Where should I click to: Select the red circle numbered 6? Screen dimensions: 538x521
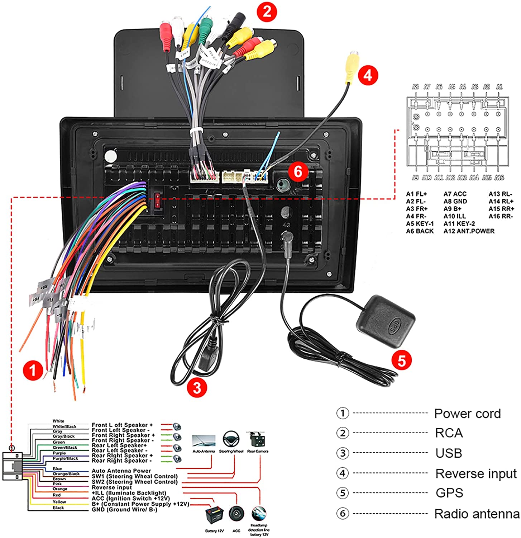click(298, 171)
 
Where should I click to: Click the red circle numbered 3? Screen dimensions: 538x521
click(197, 387)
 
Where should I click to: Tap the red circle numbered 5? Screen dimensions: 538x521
click(401, 360)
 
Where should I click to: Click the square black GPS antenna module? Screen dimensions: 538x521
click(386, 321)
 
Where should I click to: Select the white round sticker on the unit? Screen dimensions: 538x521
click(110, 156)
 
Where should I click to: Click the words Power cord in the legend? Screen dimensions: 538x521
click(467, 414)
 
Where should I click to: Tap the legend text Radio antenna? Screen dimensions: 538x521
click(477, 514)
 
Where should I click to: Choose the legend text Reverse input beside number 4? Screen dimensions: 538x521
click(476, 473)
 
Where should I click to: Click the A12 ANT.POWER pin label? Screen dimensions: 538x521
click(469, 231)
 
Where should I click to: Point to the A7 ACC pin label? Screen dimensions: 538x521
click(455, 194)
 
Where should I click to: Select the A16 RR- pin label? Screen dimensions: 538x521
click(500, 216)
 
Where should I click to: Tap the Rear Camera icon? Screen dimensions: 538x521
click(257, 439)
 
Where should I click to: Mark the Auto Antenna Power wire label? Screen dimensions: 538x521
click(121, 471)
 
